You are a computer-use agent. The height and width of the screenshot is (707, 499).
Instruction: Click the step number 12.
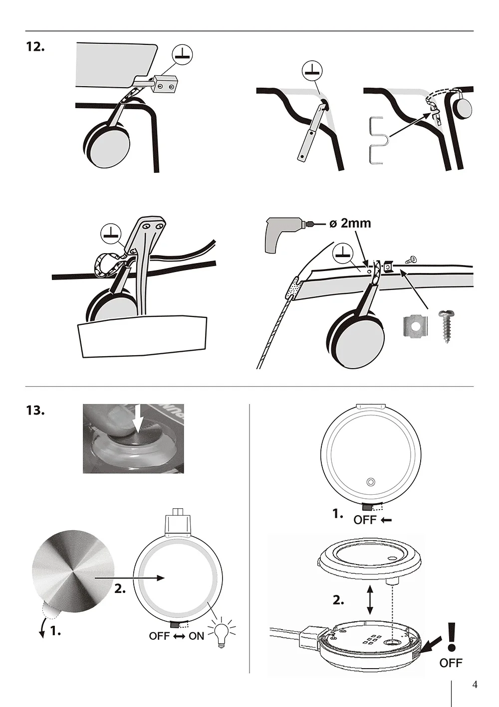[x=35, y=48]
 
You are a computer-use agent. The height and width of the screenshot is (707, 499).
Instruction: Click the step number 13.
[x=35, y=411]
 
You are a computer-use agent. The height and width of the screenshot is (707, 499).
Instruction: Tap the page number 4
[x=475, y=683]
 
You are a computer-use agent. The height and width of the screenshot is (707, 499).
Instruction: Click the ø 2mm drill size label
[x=350, y=223]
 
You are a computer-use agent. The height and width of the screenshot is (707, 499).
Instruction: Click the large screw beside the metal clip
[x=447, y=326]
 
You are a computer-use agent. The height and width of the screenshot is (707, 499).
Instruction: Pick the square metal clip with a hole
[x=416, y=327]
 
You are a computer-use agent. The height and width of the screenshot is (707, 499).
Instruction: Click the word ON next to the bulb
[x=196, y=636]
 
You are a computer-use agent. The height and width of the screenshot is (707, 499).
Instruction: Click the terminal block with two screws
[x=165, y=85]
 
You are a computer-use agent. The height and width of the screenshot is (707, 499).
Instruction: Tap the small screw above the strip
[x=411, y=259]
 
